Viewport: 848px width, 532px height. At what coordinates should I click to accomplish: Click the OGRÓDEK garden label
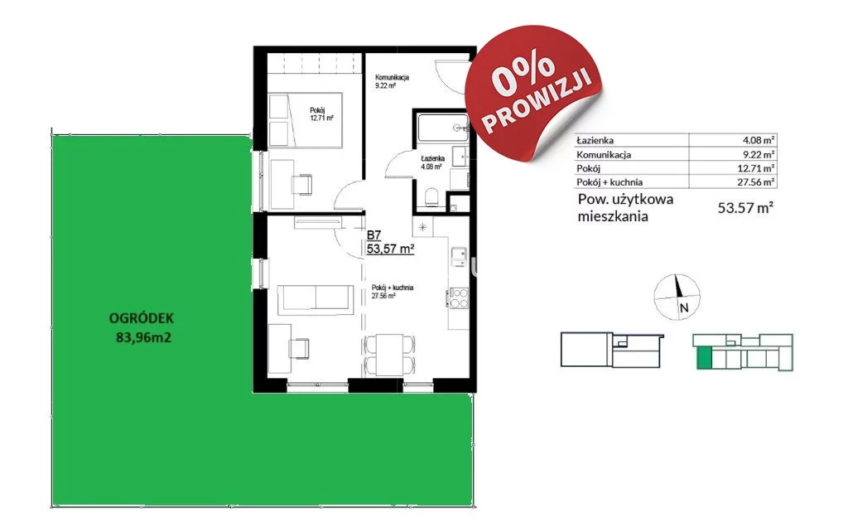tap(141, 318)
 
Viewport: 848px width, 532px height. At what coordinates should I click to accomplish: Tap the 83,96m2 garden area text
tap(143, 338)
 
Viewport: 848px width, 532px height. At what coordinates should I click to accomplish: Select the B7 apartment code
tap(374, 235)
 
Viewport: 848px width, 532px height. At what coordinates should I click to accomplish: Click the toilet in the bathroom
tap(432, 196)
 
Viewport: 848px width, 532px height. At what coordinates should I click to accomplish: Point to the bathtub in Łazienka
tap(442, 128)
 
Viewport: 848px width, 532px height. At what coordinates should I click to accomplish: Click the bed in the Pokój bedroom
tap(306, 120)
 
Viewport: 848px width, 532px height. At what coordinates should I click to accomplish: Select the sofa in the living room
tap(316, 300)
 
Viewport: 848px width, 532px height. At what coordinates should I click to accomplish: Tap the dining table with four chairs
tap(390, 355)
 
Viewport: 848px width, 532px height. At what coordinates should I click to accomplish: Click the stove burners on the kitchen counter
tap(459, 298)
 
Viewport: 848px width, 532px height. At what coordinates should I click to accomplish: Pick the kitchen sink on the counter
tap(459, 257)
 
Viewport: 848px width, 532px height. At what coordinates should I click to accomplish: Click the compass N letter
tap(684, 308)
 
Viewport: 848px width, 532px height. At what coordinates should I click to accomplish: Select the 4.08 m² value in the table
tap(759, 140)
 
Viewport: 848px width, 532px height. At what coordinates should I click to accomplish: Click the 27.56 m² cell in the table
tap(756, 181)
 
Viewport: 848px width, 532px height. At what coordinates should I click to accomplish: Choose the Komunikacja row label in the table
tap(604, 154)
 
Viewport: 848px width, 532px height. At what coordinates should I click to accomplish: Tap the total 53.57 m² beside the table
tap(745, 208)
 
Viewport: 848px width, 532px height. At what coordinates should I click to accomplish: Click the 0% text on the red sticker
tap(523, 72)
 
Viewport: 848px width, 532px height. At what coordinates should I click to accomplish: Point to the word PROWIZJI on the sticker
tap(542, 103)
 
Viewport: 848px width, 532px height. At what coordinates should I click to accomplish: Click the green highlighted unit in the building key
tap(704, 358)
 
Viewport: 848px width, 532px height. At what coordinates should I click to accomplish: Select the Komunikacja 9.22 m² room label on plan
tap(392, 81)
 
